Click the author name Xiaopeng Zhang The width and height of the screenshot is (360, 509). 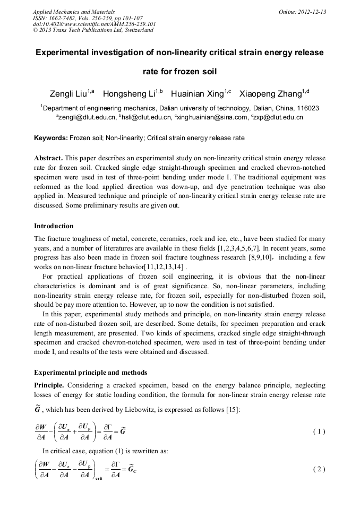(270, 94)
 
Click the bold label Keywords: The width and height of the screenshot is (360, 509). (51, 138)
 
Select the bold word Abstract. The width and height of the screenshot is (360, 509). (49, 159)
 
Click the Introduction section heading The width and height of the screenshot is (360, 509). (54, 226)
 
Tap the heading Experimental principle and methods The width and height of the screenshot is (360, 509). (90, 372)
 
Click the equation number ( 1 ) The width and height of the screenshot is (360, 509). (319, 432)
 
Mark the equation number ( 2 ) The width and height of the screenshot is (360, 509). (319, 469)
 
